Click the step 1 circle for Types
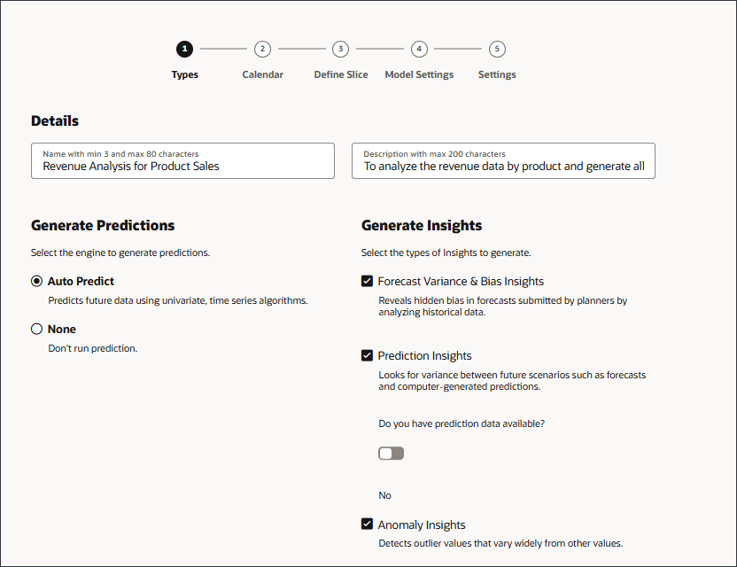click(184, 49)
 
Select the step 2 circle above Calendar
click(262, 49)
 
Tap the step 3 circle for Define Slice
click(341, 49)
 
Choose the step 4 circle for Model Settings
click(419, 49)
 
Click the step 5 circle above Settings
click(497, 49)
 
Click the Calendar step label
click(262, 74)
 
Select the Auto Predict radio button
click(36, 281)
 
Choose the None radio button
click(36, 329)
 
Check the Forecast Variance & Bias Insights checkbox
click(367, 281)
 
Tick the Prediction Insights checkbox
click(367, 355)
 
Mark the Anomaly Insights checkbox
click(367, 524)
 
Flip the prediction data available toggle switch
click(391, 453)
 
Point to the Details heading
click(55, 121)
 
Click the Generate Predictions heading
click(103, 225)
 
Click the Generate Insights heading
click(422, 225)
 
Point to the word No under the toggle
click(384, 495)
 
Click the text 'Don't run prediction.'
click(93, 348)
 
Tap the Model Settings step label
click(419, 74)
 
